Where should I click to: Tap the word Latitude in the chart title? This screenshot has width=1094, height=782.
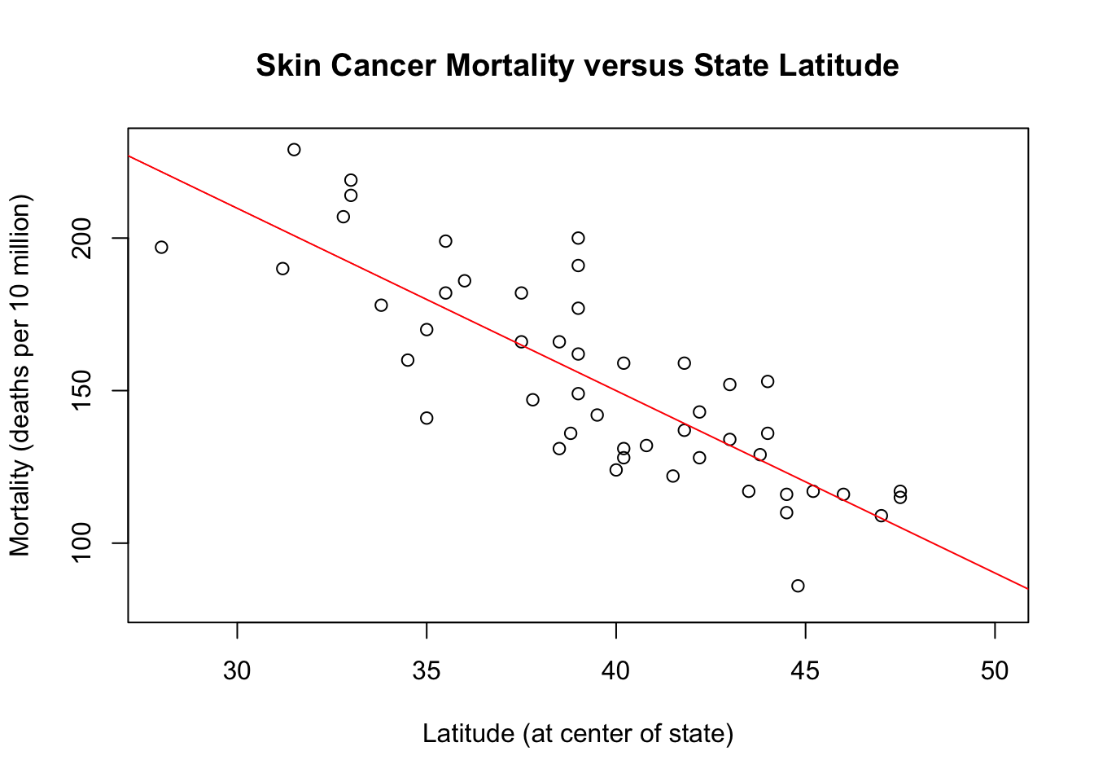click(x=838, y=65)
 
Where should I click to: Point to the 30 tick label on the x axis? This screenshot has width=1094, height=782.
click(x=237, y=670)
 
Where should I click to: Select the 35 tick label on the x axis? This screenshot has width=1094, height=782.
click(x=427, y=670)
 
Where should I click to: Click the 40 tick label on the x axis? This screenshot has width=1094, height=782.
click(x=616, y=670)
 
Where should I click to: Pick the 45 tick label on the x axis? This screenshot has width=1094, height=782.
click(x=805, y=670)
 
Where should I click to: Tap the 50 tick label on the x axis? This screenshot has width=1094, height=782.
click(x=995, y=670)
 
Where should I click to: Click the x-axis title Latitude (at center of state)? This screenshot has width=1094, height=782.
click(x=578, y=734)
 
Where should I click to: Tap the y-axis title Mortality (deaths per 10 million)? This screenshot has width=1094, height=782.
click(x=20, y=375)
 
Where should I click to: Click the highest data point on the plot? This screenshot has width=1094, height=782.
click(x=294, y=150)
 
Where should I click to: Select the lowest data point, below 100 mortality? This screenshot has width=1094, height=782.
click(x=798, y=586)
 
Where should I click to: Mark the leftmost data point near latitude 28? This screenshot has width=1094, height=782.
click(x=161, y=247)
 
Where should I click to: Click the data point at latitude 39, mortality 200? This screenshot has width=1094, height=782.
click(x=578, y=238)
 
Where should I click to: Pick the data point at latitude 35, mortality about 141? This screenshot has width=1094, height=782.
click(x=427, y=418)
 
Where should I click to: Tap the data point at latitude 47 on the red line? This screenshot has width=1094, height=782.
click(x=881, y=516)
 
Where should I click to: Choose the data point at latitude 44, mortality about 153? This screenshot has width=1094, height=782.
click(x=768, y=381)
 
